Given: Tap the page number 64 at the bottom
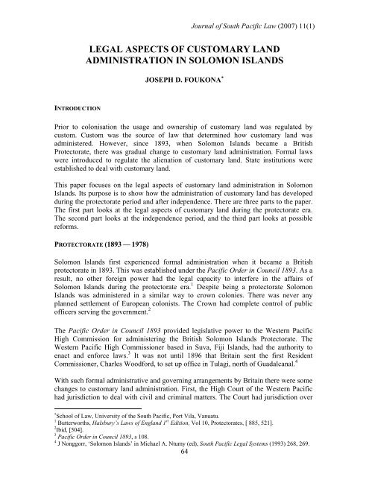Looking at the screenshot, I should [184, 472].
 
